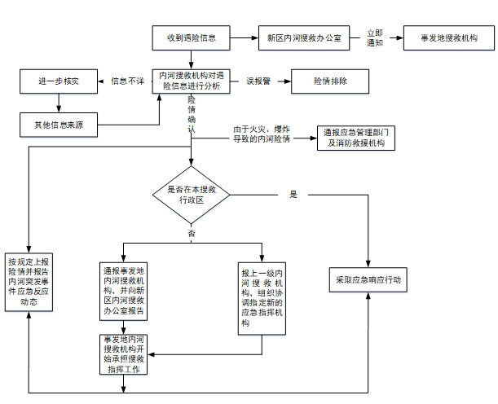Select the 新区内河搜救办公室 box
(x=304, y=37)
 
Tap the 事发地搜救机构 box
(x=448, y=37)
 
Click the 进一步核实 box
(x=58, y=81)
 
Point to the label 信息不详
(x=127, y=81)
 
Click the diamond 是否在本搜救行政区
(x=192, y=195)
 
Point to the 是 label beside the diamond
(x=293, y=195)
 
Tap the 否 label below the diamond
(x=192, y=234)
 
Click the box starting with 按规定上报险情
(x=29, y=282)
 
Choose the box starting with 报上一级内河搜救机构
(x=262, y=297)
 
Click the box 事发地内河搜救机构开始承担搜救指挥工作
(x=124, y=353)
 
